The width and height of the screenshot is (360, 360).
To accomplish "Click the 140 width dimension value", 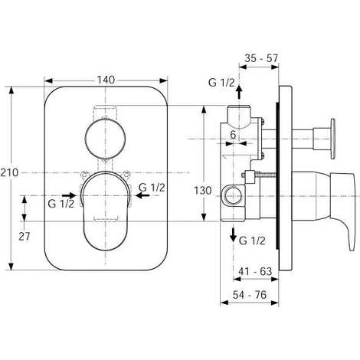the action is point(106,80).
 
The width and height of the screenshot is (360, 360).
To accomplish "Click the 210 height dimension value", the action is point(9,173).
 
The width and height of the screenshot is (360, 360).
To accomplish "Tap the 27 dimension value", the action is point(24,237).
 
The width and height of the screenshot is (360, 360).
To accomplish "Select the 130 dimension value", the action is point(203,191).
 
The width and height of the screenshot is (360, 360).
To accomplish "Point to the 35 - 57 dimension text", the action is point(261,58).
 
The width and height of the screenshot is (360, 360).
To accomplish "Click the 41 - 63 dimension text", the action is point(255,271).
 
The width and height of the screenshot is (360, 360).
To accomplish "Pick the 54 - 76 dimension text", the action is point(250,295).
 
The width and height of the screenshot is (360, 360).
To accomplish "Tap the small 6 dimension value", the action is point(233,135).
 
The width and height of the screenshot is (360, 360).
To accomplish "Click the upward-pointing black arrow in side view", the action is point(239,92).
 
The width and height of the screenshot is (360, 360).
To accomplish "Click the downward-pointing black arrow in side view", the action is point(233,235).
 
